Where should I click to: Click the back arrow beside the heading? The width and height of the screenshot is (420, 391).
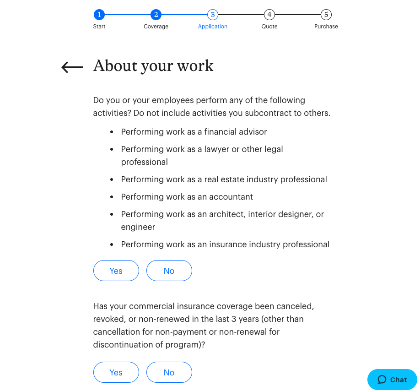(x=72, y=67)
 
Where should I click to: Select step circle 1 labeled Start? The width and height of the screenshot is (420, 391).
(x=99, y=15)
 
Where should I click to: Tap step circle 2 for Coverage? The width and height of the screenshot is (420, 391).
(x=156, y=15)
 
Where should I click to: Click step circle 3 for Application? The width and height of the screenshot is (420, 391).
(x=213, y=15)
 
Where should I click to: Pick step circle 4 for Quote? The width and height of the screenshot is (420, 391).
(x=269, y=15)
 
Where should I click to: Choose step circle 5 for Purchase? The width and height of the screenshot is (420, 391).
(x=326, y=15)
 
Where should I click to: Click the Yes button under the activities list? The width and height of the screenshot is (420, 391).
(x=116, y=271)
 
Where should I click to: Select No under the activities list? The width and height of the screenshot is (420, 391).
(x=169, y=271)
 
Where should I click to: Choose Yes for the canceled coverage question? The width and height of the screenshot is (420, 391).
(x=116, y=372)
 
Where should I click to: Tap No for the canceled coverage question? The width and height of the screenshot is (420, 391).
(x=169, y=372)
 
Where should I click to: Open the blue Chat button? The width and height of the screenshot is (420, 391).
(x=392, y=380)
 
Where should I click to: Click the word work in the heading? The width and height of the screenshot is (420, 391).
(x=196, y=66)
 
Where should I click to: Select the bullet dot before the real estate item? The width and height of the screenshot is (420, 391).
(x=112, y=179)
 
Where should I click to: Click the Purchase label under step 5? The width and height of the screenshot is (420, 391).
(x=326, y=27)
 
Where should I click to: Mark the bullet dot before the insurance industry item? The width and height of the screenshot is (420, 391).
(x=112, y=244)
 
